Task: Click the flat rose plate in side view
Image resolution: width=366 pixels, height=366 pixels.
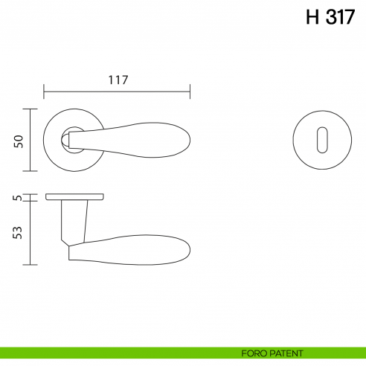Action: [74, 197]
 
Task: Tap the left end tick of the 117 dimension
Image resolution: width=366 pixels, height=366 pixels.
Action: [45, 93]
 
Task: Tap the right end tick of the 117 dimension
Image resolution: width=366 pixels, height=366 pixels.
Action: [190, 93]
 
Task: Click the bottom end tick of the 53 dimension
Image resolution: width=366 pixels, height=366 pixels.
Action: [30, 264]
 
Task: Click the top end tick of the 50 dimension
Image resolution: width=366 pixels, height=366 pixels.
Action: [30, 109]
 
